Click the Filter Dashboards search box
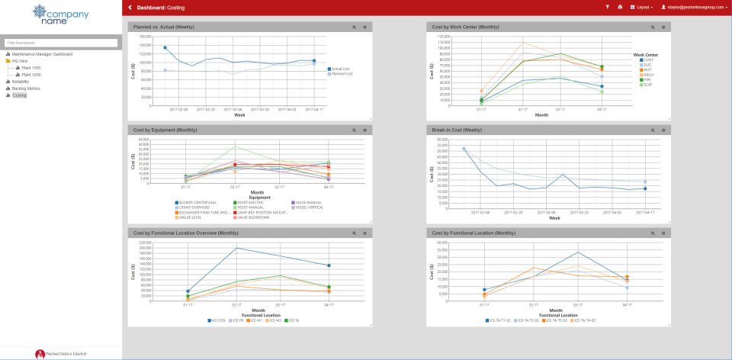[61, 43]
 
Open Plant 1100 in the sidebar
[31, 68]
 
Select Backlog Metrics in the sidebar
[25, 88]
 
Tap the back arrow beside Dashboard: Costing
[130, 7]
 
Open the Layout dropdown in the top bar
[644, 7]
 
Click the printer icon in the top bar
[620, 7]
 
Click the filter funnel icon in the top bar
[608, 7]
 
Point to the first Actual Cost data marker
[165, 47]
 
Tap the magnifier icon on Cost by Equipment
[355, 130]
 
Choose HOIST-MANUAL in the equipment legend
[251, 207]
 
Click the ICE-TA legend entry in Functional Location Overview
[292, 320]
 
